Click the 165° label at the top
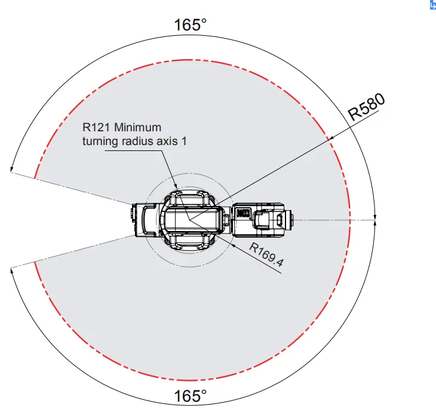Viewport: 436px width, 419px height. click(x=190, y=24)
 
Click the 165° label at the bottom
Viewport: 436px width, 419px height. click(x=190, y=396)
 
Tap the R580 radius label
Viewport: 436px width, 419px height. click(x=367, y=107)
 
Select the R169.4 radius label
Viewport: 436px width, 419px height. click(x=266, y=254)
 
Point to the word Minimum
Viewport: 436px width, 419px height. click(x=137, y=127)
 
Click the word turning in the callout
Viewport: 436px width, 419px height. click(x=100, y=141)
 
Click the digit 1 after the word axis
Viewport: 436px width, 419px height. click(x=184, y=141)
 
